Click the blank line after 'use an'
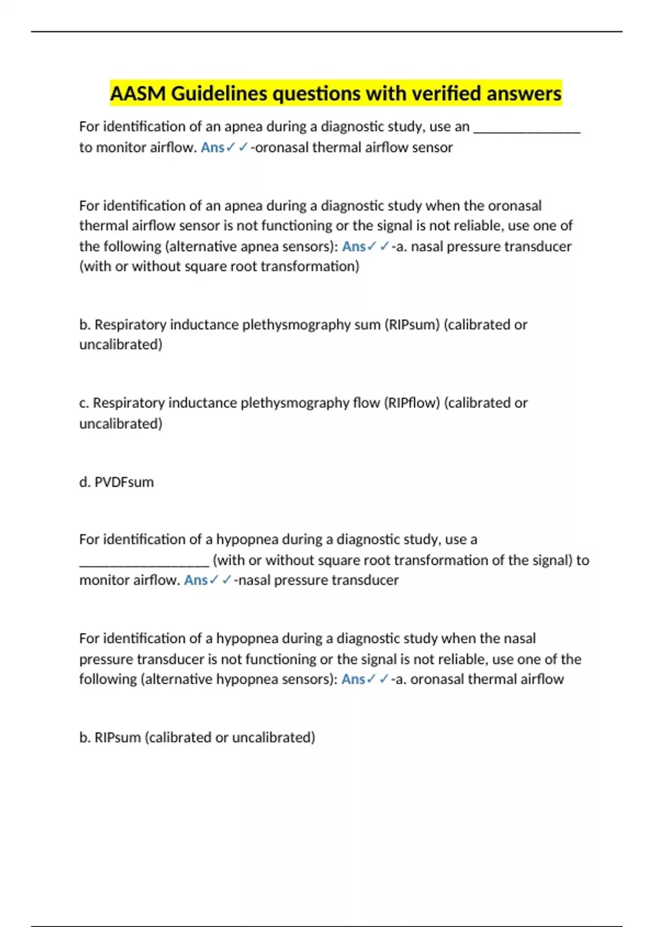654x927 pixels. click(527, 129)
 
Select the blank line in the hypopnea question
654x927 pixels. click(144, 562)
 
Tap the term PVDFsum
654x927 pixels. click(124, 482)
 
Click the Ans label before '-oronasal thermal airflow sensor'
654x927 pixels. click(212, 147)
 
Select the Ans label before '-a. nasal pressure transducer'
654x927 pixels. click(354, 246)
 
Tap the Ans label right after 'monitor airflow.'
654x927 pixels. click(196, 580)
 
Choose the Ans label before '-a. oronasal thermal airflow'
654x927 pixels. click(353, 679)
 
